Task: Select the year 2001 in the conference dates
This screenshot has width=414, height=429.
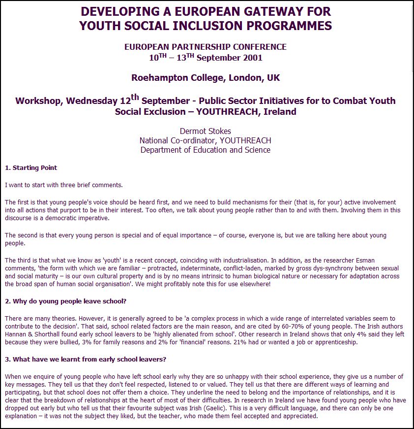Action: (x=252, y=58)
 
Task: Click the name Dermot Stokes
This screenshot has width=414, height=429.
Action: (x=205, y=131)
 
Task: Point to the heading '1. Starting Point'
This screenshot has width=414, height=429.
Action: (x=31, y=168)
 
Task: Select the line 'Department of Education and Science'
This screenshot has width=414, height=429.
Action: (x=205, y=150)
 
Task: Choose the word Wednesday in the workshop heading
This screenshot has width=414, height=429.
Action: (x=92, y=101)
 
